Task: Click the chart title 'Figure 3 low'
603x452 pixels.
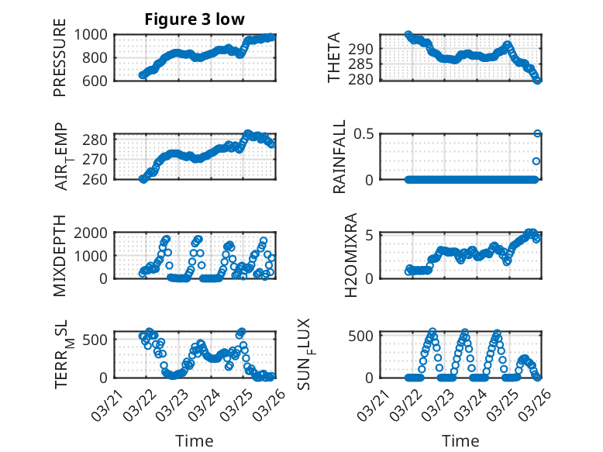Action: [x=195, y=19]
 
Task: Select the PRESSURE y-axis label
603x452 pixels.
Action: [x=60, y=57]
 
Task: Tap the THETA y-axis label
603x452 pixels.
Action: [x=333, y=57]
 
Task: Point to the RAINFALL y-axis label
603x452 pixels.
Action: [x=339, y=157]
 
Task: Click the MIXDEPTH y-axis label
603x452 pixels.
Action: [x=60, y=255]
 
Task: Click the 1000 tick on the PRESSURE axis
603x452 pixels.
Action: [x=95, y=35]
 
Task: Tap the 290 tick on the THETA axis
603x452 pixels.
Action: [x=365, y=49]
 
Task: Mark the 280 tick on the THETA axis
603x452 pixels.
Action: [x=365, y=79]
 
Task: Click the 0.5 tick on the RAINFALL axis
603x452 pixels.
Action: [x=365, y=134]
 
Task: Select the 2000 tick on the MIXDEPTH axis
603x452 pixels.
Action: [x=95, y=233]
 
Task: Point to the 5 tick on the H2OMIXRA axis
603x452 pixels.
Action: [x=370, y=235]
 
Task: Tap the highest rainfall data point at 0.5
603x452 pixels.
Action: [x=537, y=133]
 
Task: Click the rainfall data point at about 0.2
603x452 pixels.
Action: [x=536, y=161]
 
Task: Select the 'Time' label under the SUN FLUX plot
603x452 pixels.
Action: [x=460, y=440]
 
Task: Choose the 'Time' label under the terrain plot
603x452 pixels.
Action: [x=195, y=440]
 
